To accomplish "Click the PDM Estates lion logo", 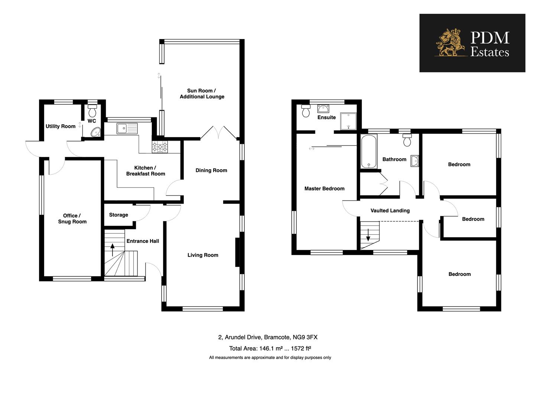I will [450, 43].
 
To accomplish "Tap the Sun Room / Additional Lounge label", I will [202, 94].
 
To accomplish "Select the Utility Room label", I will [60, 126].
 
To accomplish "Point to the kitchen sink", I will [127, 128].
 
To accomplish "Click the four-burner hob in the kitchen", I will [160, 147].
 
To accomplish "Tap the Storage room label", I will [118, 215].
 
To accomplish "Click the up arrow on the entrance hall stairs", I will [113, 250].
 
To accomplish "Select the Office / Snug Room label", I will [72, 218].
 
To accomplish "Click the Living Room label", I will [203, 255].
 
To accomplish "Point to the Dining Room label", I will [211, 170].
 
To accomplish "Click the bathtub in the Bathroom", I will [368, 151].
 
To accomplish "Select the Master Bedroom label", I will [324, 189].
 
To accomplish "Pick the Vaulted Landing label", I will [390, 211].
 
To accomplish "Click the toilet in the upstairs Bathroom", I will [407, 140].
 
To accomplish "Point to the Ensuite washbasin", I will [323, 108].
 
